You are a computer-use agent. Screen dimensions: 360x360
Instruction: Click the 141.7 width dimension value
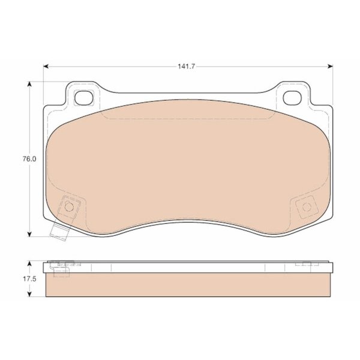(x=186, y=67)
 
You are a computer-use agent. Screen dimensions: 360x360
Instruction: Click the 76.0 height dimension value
(x=29, y=159)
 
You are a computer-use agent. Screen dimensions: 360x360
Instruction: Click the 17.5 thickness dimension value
(x=29, y=279)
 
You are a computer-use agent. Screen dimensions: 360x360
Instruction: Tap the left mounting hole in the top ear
(x=84, y=98)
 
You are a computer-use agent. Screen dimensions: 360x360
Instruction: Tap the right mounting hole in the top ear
(x=292, y=98)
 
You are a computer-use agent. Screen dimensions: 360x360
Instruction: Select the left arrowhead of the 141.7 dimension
(x=46, y=67)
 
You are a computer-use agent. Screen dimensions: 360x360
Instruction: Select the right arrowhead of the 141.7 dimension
(x=330, y=67)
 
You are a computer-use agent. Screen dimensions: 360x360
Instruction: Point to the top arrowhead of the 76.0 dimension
(x=29, y=84)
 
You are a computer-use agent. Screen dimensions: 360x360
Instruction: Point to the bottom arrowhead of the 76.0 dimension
(x=29, y=234)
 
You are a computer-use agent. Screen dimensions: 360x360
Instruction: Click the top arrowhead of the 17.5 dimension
(x=29, y=263)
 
